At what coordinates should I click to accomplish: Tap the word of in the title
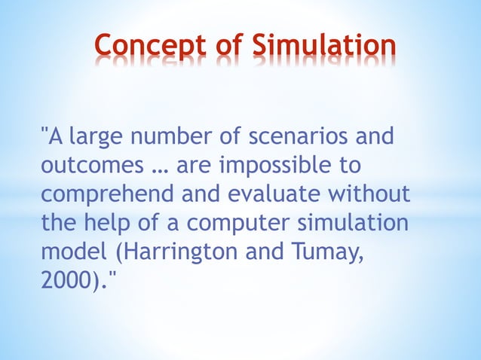pos(228,47)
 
